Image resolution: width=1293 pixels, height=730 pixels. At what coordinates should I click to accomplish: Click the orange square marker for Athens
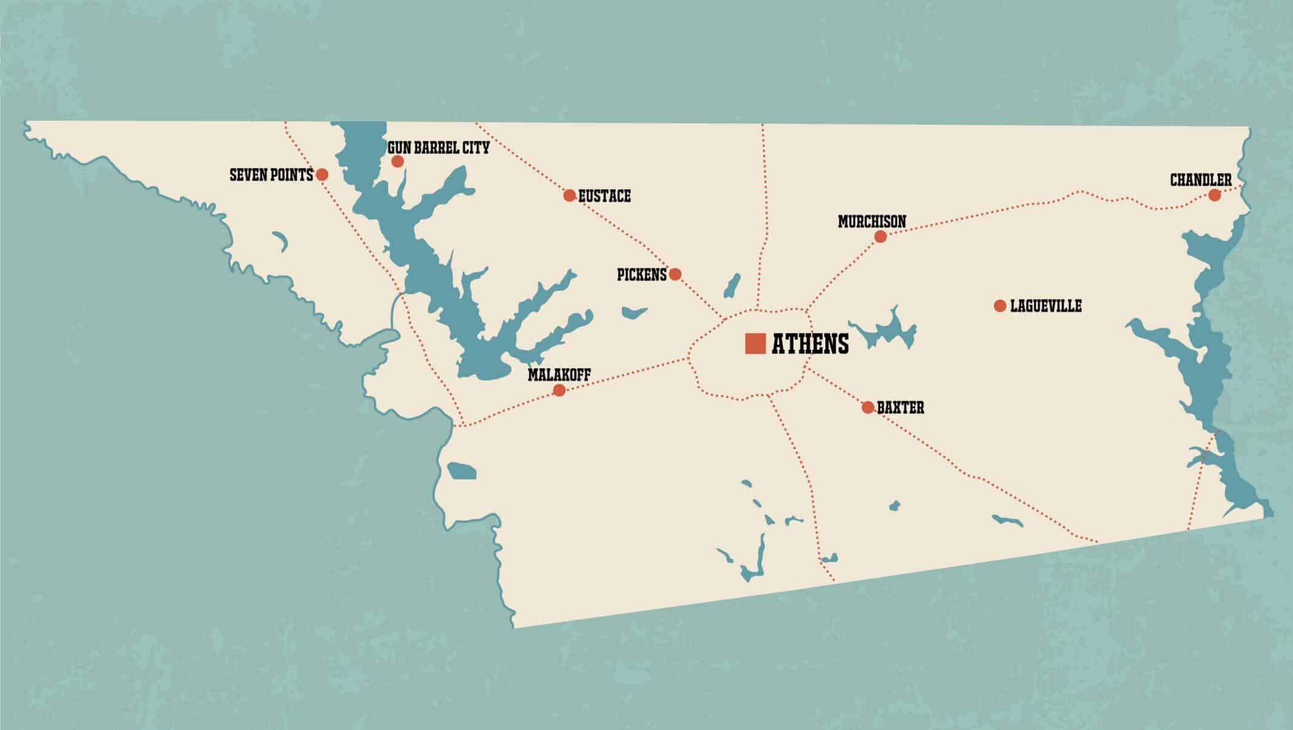(755, 343)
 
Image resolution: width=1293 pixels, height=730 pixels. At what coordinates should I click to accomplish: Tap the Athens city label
(810, 344)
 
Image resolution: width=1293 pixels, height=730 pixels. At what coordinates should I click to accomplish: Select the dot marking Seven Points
(322, 175)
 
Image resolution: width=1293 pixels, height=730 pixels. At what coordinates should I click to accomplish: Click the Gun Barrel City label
(438, 148)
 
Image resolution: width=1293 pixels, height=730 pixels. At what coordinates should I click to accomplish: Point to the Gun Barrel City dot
(397, 161)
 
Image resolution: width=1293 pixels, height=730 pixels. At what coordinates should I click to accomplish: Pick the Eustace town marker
(569, 195)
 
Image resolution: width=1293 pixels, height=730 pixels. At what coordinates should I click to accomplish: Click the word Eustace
(604, 196)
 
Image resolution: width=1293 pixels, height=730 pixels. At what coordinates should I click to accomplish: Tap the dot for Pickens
(675, 274)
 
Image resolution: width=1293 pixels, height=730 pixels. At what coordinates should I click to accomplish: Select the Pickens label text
(641, 275)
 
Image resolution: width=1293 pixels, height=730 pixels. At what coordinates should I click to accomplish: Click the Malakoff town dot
(559, 390)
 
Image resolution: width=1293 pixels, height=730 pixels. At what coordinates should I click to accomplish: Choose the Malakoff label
(559, 374)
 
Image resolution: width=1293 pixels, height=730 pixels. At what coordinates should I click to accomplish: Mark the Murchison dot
(880, 237)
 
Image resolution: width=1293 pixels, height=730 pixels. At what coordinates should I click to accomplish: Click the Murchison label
(872, 221)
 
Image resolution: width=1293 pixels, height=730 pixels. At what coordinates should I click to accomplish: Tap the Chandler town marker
(1214, 195)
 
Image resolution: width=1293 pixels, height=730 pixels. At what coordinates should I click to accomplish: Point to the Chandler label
(1201, 180)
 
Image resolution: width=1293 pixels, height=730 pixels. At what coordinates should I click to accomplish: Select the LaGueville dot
(1000, 305)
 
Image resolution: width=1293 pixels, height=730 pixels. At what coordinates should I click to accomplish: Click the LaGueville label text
(1045, 306)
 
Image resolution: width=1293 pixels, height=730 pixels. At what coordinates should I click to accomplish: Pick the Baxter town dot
(868, 407)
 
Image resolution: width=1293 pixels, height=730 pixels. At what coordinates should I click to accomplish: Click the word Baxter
(900, 408)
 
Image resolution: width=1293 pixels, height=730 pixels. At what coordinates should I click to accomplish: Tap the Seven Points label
(271, 175)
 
